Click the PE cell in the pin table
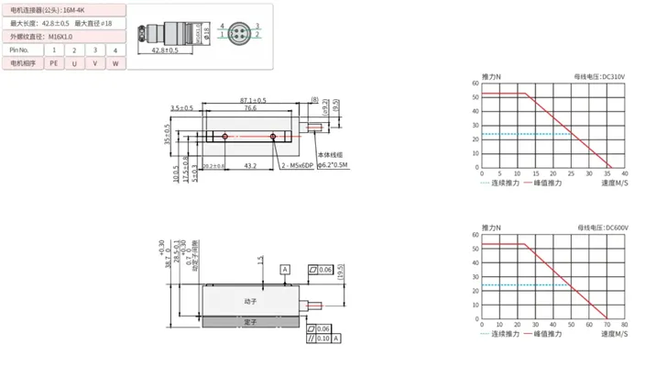[x=53, y=62]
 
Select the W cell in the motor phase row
[x=115, y=62]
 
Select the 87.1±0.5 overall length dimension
[x=253, y=100]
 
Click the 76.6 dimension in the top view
[x=249, y=108]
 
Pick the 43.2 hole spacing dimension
[x=250, y=166]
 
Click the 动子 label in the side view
[x=250, y=300]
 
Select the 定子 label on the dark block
[x=250, y=321]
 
